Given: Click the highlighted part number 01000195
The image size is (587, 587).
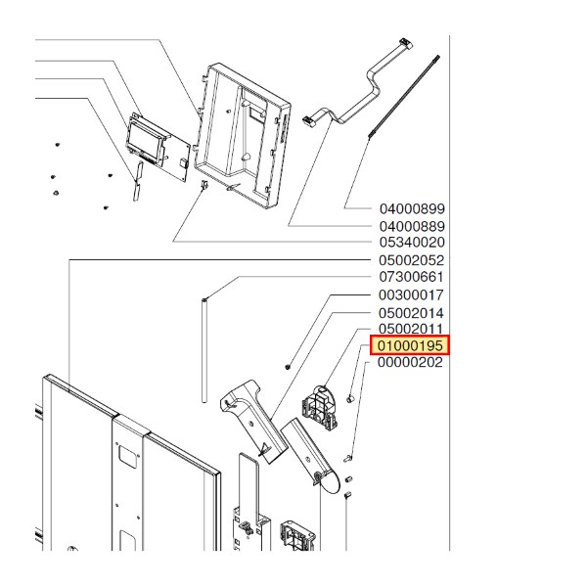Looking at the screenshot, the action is click(x=410, y=345).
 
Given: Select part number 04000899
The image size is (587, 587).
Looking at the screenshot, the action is click(x=412, y=209).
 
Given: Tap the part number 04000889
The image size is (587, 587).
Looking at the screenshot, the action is click(x=412, y=227).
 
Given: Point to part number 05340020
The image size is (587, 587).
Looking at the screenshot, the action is click(x=412, y=243).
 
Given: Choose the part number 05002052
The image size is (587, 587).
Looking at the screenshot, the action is click(x=412, y=260).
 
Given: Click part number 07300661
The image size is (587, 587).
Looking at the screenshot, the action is click(x=412, y=277).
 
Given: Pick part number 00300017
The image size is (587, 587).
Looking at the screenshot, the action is click(x=411, y=295).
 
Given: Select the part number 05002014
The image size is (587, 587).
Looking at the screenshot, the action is click(x=411, y=313).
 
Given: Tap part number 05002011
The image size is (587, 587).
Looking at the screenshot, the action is click(x=411, y=329).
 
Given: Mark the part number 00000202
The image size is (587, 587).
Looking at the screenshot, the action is click(x=410, y=362).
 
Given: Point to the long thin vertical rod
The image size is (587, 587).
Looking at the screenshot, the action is click(x=204, y=350).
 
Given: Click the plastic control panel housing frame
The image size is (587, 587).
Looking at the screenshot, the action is click(x=243, y=136).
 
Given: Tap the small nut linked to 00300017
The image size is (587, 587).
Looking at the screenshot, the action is click(x=288, y=367).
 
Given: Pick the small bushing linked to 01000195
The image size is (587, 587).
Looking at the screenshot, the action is click(x=350, y=398).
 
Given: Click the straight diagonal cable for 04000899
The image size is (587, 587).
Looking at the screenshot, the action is click(x=403, y=97).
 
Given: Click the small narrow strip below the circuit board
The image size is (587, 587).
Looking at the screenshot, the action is click(x=137, y=181).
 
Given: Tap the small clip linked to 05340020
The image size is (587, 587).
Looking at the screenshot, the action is click(x=204, y=185).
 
